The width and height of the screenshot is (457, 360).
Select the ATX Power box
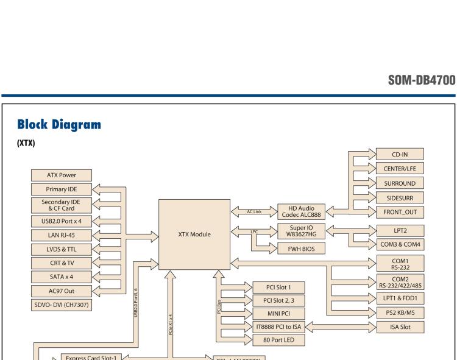[x=62, y=175]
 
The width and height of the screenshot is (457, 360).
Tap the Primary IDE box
[x=62, y=189]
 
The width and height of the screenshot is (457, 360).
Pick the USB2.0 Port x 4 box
[x=62, y=220]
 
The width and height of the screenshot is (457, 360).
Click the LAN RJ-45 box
[x=62, y=234]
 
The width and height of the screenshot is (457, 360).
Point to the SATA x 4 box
[x=62, y=276]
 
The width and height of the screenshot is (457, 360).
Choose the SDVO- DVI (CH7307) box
[x=62, y=304]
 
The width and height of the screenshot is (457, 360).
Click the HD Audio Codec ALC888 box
[x=300, y=211]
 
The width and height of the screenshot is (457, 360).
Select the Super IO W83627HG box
[x=300, y=232]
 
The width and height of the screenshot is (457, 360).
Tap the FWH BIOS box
[x=300, y=249]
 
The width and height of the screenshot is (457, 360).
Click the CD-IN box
[x=400, y=154]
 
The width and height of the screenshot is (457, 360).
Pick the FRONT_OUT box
[x=400, y=212]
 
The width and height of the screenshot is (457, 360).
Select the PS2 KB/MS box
[x=400, y=312]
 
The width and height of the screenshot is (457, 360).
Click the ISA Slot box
[x=400, y=327]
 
